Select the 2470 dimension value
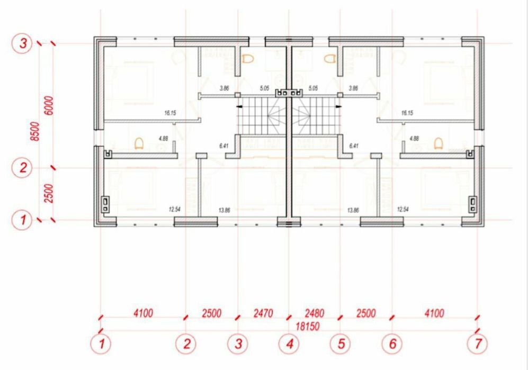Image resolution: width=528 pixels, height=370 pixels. click(263, 313)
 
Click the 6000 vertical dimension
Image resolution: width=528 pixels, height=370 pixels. click(48, 108)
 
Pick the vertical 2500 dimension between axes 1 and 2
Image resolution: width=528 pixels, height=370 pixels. click(48, 194)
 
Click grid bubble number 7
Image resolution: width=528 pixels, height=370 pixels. click(478, 344)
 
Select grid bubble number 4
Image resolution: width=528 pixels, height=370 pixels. click(289, 344)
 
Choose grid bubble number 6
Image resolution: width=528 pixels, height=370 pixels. click(392, 344)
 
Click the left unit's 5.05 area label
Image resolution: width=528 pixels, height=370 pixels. click(264, 88)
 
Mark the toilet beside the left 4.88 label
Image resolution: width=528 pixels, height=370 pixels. click(139, 143)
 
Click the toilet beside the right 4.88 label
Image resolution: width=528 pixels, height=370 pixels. click(438, 143)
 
